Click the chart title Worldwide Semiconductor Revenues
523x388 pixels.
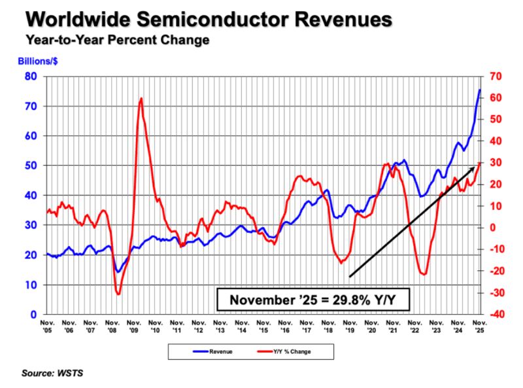point(209,19)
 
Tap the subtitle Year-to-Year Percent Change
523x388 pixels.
point(118,40)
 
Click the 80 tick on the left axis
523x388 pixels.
point(31,77)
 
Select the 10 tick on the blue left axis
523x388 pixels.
point(31,285)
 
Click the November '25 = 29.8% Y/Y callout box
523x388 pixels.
point(313,300)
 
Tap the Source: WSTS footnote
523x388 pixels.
point(53,373)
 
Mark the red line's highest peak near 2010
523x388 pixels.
point(141,98)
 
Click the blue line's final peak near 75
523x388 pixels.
point(480,90)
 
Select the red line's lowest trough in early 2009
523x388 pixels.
point(118,294)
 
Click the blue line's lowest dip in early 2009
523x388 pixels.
point(118,272)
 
